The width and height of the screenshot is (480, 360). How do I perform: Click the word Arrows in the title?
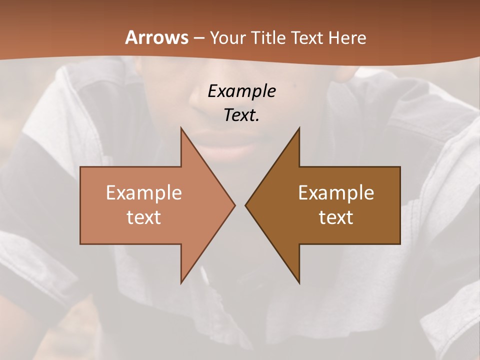coord(156,37)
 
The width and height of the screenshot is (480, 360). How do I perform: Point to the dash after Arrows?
coord(198,38)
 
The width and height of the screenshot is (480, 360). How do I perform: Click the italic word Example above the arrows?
coord(242,91)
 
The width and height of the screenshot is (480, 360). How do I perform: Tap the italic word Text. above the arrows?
coord(242,115)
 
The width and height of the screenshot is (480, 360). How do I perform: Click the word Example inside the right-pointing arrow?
coord(144,192)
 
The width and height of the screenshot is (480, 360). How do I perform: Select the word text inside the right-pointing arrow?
coord(144,217)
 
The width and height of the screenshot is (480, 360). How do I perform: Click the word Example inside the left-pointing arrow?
coord(336,192)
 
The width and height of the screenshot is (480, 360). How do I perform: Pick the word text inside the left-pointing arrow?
coord(336,217)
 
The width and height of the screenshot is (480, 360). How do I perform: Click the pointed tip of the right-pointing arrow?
coord(234,205)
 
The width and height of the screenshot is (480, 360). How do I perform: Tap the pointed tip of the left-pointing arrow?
coord(245,205)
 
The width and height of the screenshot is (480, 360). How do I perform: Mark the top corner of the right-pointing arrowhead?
coord(181,128)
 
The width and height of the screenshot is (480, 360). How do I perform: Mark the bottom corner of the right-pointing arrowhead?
coord(181,283)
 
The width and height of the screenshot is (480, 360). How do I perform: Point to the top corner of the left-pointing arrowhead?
coord(299,128)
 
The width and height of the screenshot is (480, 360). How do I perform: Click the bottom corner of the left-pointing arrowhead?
coord(299,283)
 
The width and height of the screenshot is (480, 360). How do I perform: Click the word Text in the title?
coord(307,38)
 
